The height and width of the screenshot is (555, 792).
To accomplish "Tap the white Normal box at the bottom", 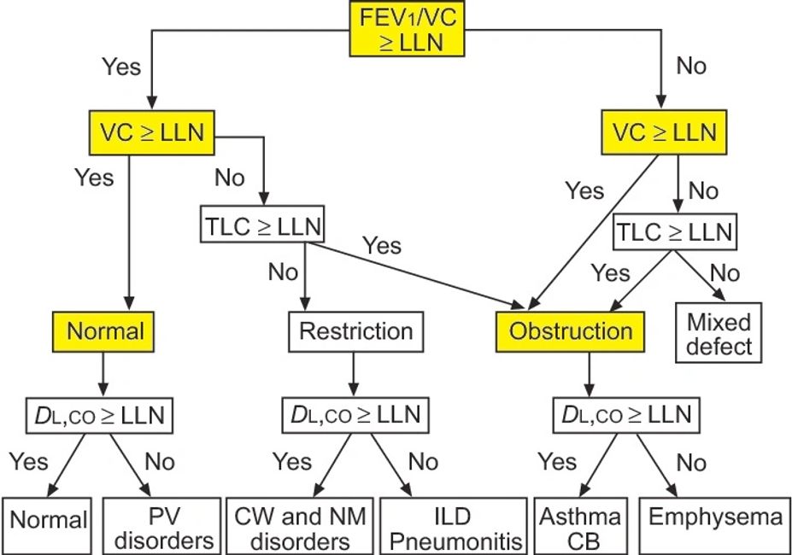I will pyautogui.click(x=49, y=520).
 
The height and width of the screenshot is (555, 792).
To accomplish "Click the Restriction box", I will pyautogui.click(x=355, y=330).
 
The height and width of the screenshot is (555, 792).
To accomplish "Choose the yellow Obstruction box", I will pyautogui.click(x=571, y=330).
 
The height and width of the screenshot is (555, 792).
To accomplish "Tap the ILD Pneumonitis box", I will pyautogui.click(x=452, y=528).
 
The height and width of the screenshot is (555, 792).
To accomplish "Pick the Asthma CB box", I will pyautogui.click(x=581, y=528).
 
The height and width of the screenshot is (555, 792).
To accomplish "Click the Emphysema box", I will pyautogui.click(x=715, y=518).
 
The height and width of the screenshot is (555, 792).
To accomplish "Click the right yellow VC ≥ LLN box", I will pyautogui.click(x=663, y=135).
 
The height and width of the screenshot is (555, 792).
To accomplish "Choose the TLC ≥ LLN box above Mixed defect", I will pyautogui.click(x=673, y=231).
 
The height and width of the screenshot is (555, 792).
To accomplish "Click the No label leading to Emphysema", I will pyautogui.click(x=691, y=463).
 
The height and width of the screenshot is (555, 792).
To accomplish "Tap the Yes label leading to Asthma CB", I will pyautogui.click(x=557, y=463).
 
